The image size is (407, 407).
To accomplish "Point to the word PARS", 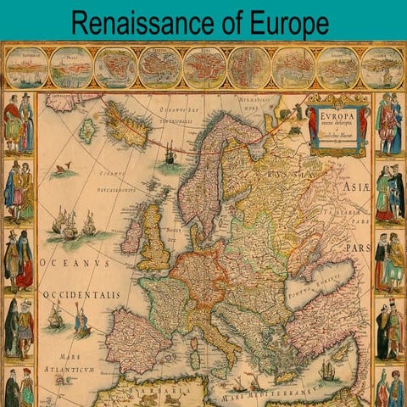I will point(355,248).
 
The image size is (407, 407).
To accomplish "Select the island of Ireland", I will point(131,235).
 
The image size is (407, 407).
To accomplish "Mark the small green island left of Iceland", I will point(86,130).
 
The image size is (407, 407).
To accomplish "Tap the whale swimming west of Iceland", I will point(62,170).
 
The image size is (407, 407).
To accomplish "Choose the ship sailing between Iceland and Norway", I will point(170,155).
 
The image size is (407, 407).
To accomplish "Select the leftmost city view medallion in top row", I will point(25,68).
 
